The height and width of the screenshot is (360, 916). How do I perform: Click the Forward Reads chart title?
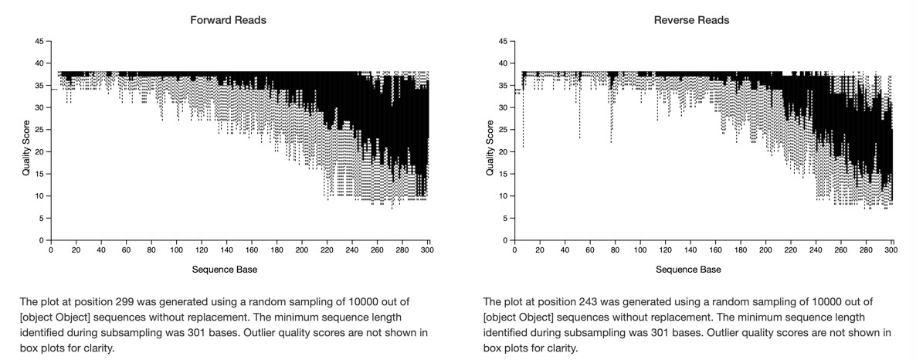tap(229, 20)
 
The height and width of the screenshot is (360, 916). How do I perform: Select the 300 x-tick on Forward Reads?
tap(427, 251)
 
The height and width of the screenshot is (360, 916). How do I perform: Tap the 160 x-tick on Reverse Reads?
tap(714, 251)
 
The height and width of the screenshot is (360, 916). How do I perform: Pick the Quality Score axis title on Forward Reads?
tap(25, 141)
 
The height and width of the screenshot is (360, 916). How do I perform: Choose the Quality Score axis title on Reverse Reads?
tap(490, 141)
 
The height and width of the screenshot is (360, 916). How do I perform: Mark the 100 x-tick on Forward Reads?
tap(176, 251)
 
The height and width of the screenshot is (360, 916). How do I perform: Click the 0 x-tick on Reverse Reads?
tap(514, 251)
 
